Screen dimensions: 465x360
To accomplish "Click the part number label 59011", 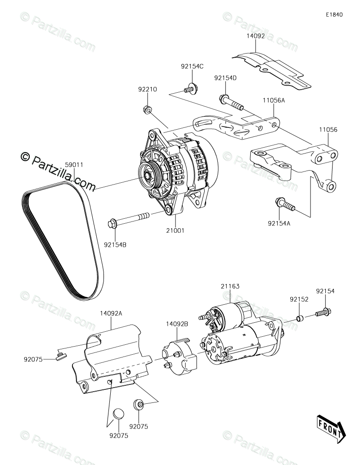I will (x=74, y=165).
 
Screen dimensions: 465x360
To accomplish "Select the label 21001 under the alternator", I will (x=175, y=230).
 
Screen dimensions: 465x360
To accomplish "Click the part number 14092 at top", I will (x=255, y=35).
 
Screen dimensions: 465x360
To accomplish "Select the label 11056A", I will (x=274, y=101).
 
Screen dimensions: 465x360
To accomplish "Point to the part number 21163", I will (x=230, y=286).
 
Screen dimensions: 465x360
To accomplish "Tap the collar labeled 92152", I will (x=300, y=319).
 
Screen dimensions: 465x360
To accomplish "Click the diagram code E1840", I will (x=335, y=14).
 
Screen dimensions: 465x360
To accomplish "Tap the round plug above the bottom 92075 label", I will (x=118, y=412).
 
